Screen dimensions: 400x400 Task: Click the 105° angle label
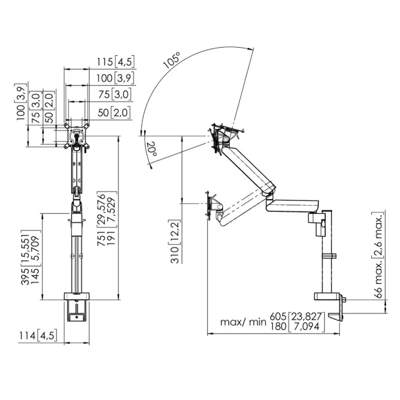tap(172, 60)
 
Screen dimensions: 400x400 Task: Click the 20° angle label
tap(151, 148)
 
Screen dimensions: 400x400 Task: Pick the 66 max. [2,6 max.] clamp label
tap(378, 254)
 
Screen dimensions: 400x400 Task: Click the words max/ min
tap(243, 322)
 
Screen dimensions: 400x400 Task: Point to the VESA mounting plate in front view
tap(77, 135)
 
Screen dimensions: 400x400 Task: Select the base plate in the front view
tap(76, 296)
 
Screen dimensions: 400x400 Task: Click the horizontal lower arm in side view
tap(292, 205)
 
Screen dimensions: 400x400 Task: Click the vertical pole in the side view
tap(327, 251)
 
